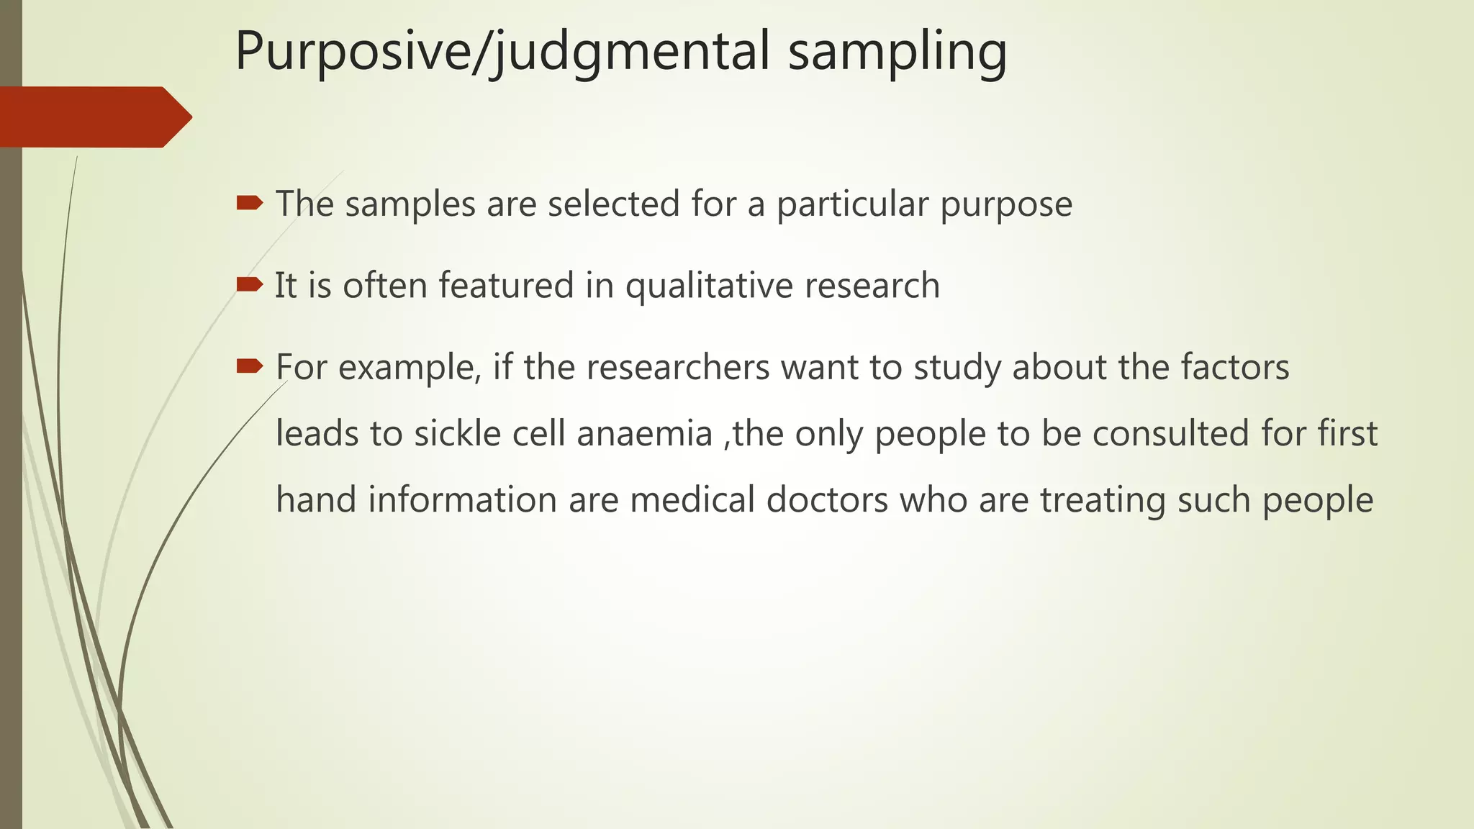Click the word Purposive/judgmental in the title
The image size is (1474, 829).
[502, 52]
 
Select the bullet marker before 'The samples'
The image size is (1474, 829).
[249, 204]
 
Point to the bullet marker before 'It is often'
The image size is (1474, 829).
[249, 285]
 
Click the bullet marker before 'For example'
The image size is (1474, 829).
[249, 367]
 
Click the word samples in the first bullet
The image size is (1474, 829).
[410, 204]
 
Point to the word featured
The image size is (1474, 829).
[506, 285]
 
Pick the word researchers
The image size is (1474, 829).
[678, 368]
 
